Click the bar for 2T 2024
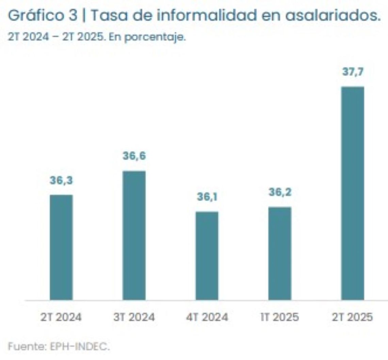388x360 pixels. coord(61,247)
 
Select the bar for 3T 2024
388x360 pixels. coord(134,235)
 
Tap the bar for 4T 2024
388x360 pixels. coord(207,256)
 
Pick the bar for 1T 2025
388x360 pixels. coord(280,253)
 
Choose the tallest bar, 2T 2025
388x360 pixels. coord(353,193)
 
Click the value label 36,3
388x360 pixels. coord(61,181)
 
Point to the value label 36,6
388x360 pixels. coord(134,156)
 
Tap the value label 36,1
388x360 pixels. coord(207,197)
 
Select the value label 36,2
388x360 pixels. coord(280,193)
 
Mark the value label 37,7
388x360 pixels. coord(353,73)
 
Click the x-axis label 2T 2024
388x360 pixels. coord(61,317)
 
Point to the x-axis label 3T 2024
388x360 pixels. coord(134,317)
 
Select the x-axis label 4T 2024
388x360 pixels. coord(207,317)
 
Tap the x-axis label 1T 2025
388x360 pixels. coord(280,317)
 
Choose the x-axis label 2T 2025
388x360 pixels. coord(353,317)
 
